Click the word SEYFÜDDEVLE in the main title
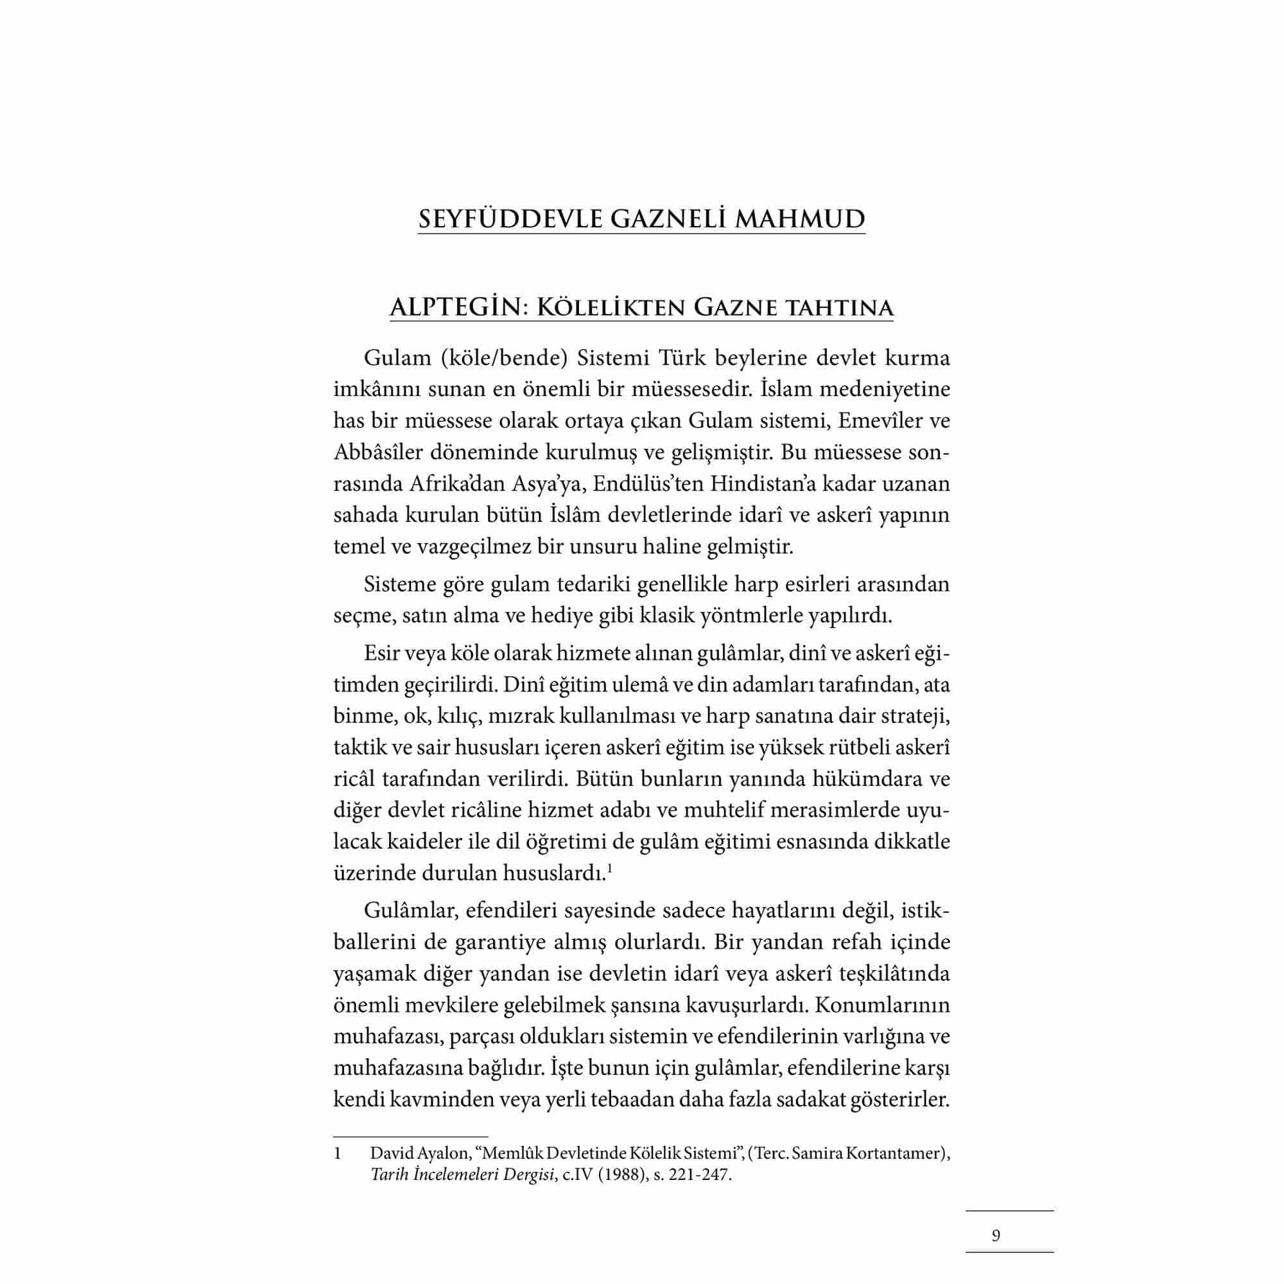[x=509, y=219]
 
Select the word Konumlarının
[x=881, y=1005]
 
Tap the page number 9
[x=996, y=1235]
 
